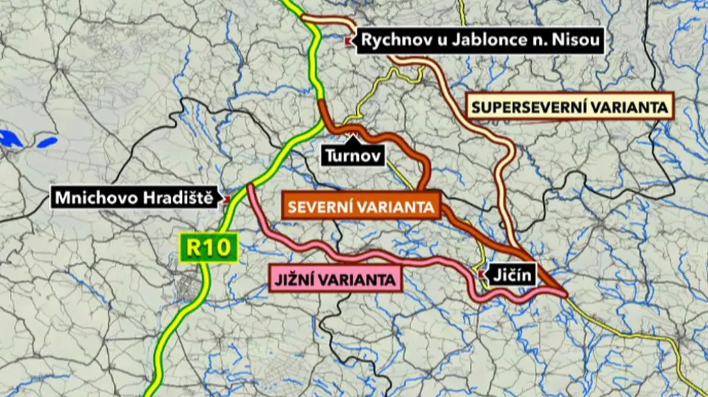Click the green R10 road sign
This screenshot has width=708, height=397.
(x=209, y=248)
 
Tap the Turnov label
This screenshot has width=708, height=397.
(x=353, y=156)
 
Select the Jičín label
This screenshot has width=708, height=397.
(x=512, y=275)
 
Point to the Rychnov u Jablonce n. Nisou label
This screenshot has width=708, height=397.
(x=481, y=41)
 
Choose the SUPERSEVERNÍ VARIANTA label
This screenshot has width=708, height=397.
(x=570, y=107)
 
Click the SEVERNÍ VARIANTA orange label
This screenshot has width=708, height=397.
(x=360, y=206)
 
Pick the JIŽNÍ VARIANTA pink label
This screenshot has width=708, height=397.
(x=335, y=279)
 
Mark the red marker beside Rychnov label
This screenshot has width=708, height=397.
(x=348, y=41)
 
